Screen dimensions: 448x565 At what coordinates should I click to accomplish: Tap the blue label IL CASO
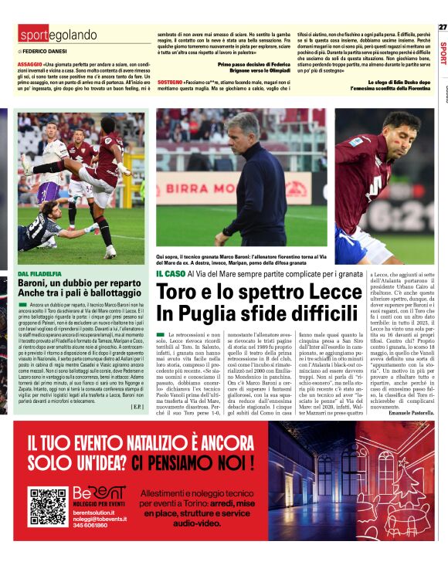point(170,273)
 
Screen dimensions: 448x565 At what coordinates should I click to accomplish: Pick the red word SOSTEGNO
point(169,81)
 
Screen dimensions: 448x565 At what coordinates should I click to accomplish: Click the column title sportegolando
point(59,35)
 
